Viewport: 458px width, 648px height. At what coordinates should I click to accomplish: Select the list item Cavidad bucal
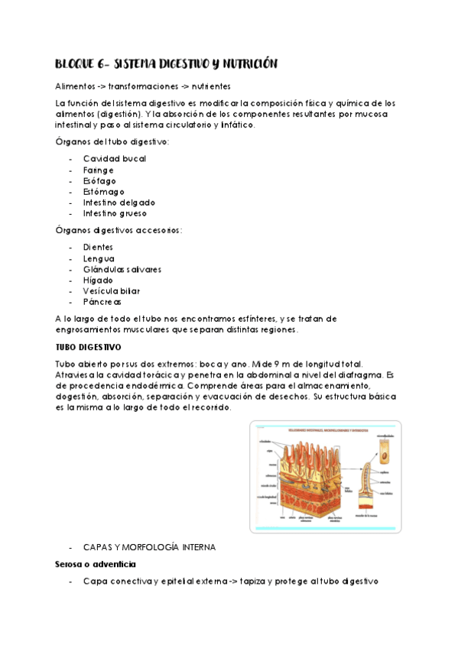115,159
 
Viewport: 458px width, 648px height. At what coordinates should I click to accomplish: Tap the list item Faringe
99,170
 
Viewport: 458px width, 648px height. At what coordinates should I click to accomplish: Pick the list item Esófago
100,181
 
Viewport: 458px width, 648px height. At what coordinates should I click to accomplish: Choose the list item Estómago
103,192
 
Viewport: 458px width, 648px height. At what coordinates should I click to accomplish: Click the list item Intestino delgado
119,202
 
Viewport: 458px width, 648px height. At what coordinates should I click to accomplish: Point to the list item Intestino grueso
115,214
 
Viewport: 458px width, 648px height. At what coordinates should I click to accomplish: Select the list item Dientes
99,248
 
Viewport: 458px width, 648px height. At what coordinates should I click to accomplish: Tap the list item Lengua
99,258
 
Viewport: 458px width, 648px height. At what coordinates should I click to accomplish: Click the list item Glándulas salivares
122,270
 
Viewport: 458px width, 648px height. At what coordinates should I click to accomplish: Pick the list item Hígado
99,280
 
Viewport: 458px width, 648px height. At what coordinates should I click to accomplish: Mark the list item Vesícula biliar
112,291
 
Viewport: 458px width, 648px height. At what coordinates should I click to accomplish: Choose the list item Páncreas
102,303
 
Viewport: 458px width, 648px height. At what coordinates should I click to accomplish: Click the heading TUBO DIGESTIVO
89,347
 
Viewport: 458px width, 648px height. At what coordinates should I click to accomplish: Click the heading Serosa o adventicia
96,564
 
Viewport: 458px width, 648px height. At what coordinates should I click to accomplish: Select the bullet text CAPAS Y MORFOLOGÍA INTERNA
150,547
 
